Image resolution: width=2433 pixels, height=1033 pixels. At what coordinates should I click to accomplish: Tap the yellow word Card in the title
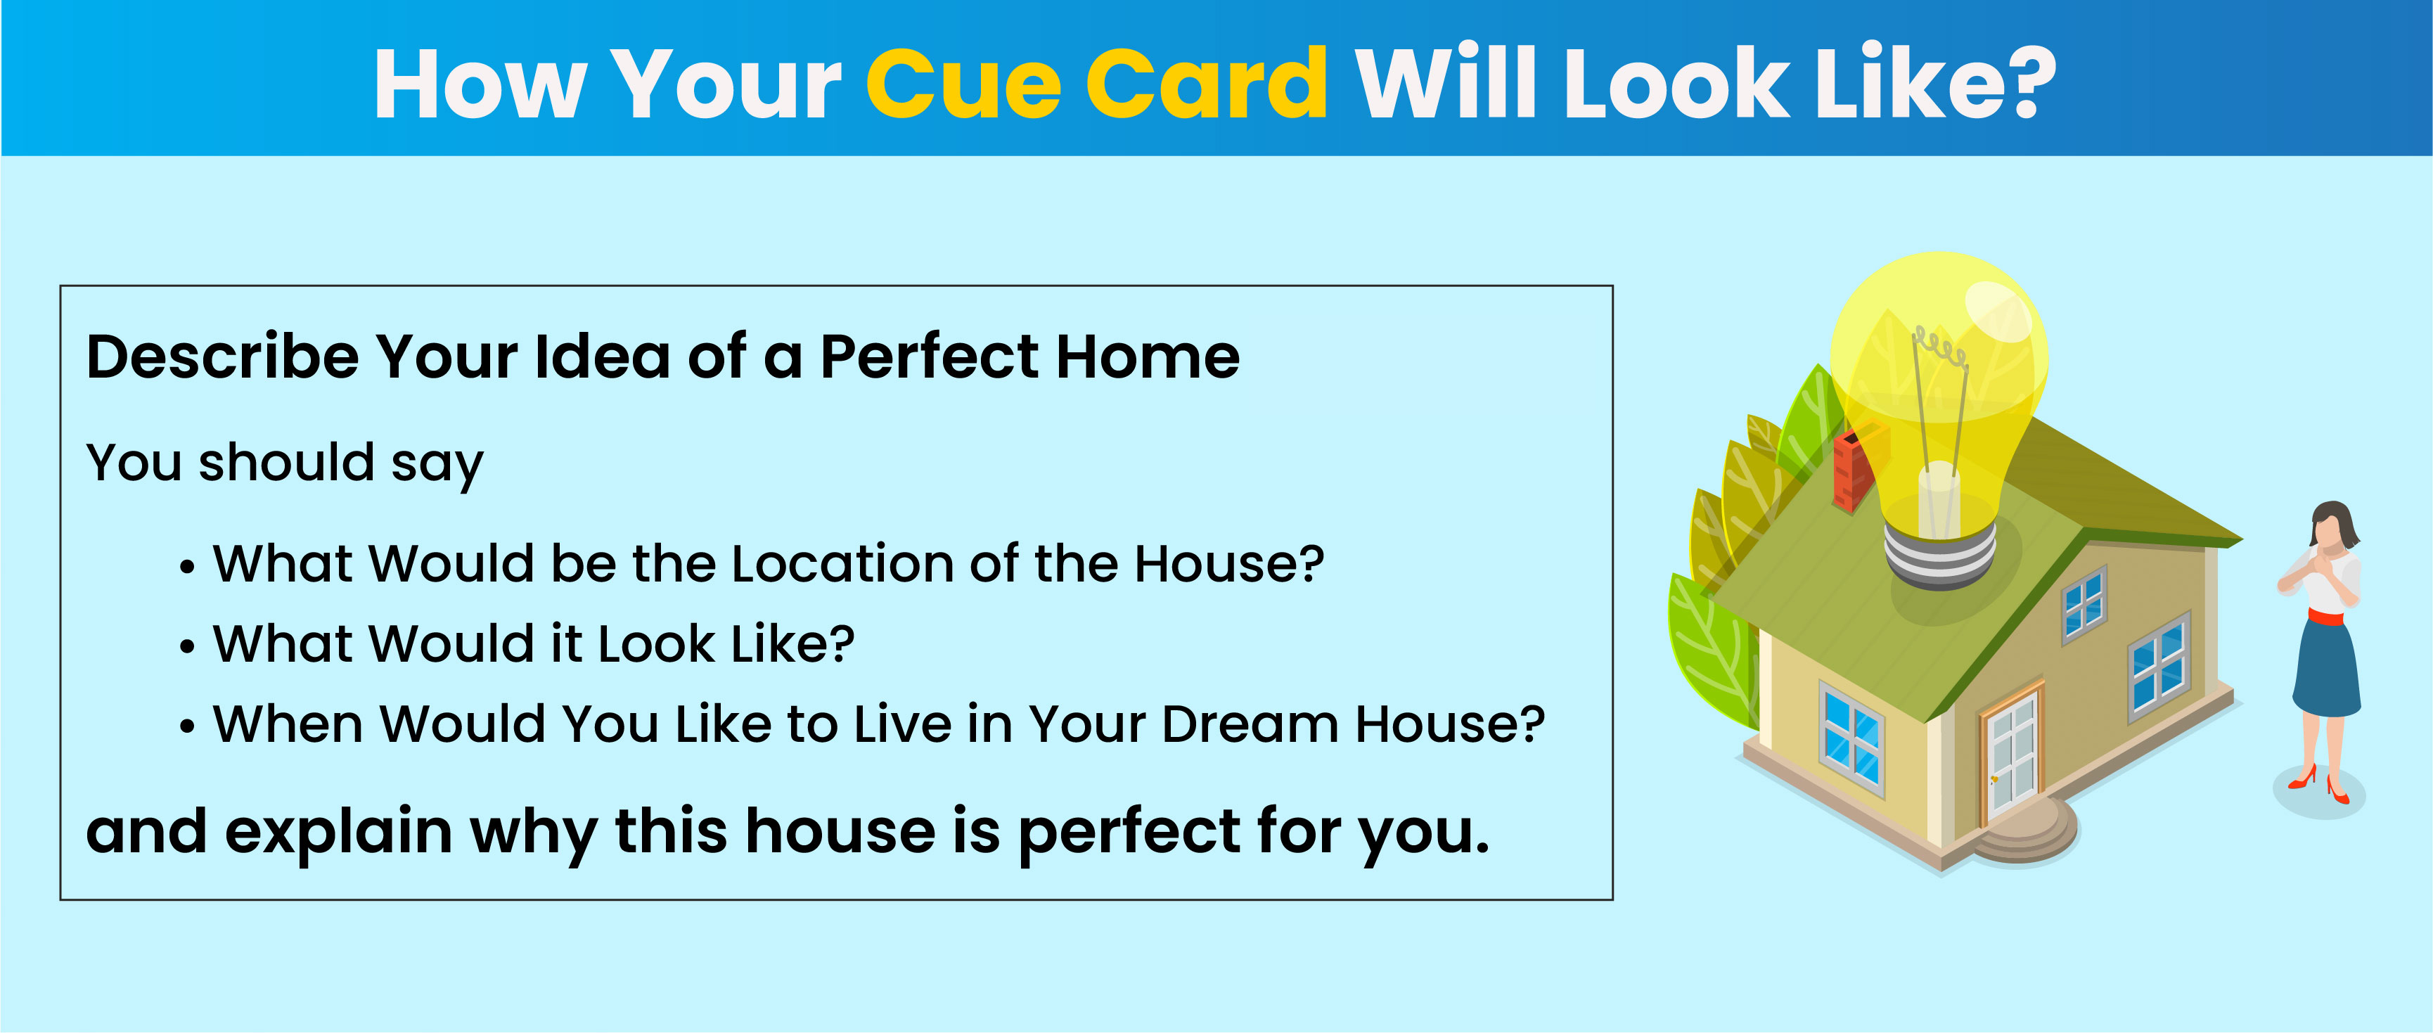(1207, 83)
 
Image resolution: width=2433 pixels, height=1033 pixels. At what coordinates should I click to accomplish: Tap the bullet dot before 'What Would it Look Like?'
(188, 647)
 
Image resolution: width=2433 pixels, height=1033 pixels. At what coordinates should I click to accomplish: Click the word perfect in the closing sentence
(1128, 833)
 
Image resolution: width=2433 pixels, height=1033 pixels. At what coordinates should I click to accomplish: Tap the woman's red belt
(2325, 617)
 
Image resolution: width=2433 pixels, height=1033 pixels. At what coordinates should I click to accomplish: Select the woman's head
(2332, 524)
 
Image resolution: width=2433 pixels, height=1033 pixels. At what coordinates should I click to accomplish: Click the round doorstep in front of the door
(2026, 831)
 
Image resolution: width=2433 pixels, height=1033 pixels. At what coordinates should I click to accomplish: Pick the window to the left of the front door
(1851, 736)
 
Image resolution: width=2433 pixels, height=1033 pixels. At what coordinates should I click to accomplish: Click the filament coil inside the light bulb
(1941, 345)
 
